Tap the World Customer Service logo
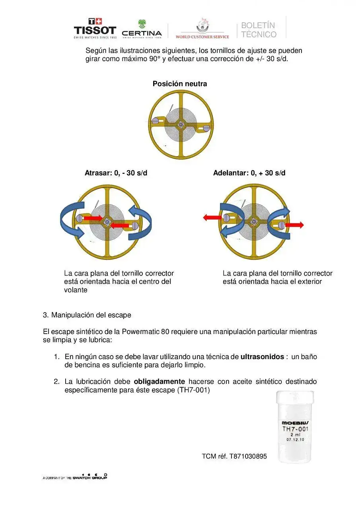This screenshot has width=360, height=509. [x=202, y=29]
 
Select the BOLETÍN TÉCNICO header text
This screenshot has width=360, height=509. [x=259, y=30]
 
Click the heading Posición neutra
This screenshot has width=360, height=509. [x=180, y=84]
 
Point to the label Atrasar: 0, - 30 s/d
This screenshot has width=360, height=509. [x=116, y=173]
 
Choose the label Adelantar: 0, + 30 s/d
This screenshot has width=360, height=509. [x=249, y=173]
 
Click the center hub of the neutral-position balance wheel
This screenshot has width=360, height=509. [x=181, y=125]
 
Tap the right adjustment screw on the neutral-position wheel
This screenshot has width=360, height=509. [x=206, y=128]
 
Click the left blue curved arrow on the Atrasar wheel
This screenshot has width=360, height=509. [x=72, y=220]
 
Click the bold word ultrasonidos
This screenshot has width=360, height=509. [x=262, y=357]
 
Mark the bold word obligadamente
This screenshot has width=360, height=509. [x=159, y=382]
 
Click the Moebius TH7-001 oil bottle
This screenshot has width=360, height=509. [x=295, y=426]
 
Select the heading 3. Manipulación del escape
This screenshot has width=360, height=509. [x=87, y=315]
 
